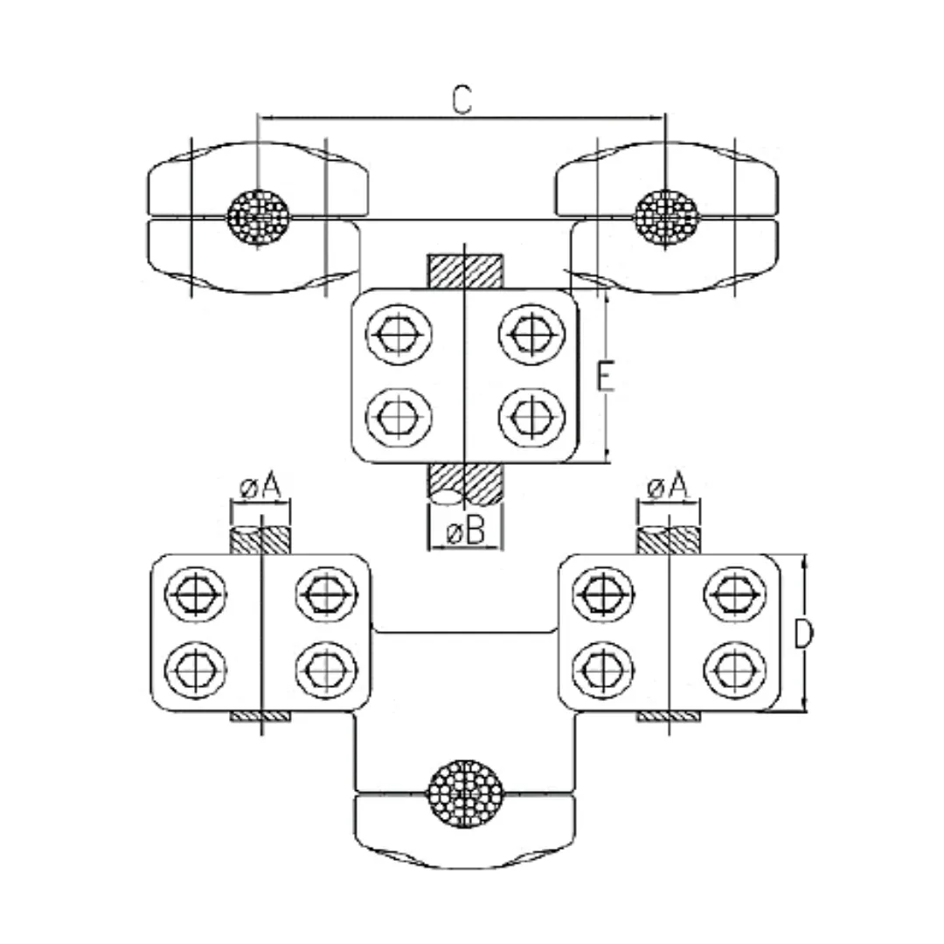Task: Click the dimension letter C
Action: (462, 100)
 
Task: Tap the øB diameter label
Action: (463, 531)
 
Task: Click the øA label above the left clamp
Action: (260, 486)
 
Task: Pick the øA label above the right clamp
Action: (668, 486)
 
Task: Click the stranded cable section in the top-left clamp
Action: (258, 214)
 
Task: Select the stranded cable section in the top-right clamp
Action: (666, 212)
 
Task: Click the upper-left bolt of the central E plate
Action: (399, 334)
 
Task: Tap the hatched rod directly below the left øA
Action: (260, 540)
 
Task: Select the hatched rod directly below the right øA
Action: (668, 540)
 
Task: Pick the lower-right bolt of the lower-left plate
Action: (327, 670)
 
